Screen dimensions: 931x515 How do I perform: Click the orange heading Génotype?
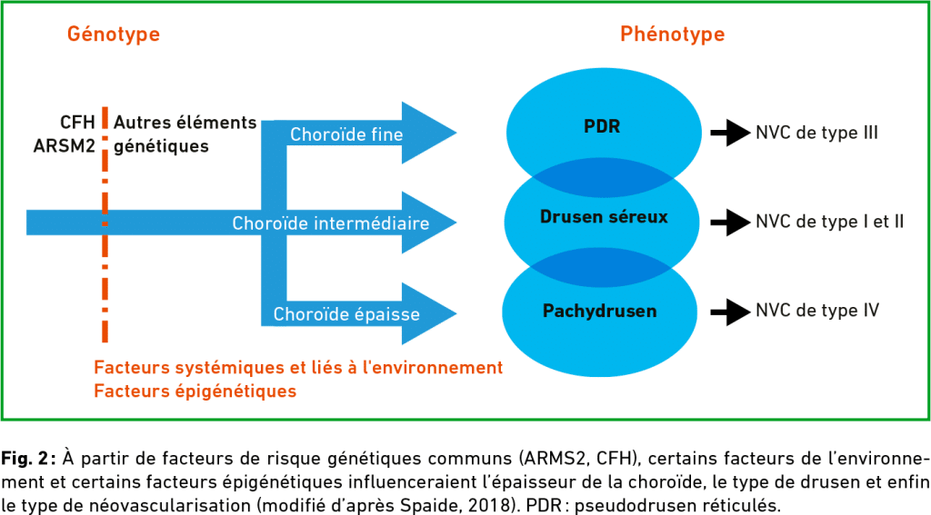114,35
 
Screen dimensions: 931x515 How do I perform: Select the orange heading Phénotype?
672,35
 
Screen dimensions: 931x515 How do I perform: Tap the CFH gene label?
77,123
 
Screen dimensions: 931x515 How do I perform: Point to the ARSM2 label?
65,146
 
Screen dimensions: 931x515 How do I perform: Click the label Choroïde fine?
346,134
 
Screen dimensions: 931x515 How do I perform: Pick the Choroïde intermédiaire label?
330,223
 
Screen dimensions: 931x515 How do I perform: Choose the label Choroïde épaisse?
346,314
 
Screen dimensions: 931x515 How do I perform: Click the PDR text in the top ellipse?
602,126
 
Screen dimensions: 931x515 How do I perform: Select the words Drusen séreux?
604,216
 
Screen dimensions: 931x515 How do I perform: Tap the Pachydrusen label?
600,311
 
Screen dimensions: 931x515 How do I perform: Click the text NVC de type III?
816,133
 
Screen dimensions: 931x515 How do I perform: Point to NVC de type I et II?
829,222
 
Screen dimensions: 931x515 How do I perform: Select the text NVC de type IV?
817,311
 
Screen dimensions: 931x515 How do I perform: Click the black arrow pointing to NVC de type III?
730,133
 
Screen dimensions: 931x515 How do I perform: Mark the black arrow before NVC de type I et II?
730,223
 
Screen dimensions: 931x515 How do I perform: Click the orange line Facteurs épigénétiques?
195,391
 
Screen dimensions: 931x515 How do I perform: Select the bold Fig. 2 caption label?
28,459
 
